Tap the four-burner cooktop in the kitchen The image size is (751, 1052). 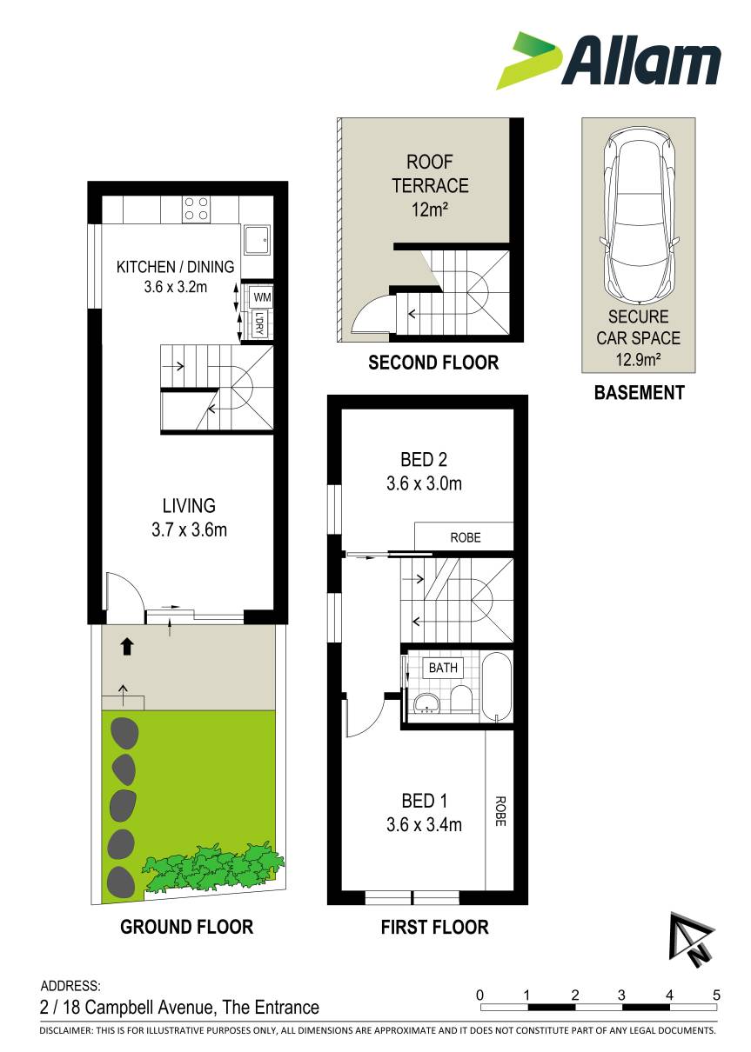pos(196,209)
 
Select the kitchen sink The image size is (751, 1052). pos(256,240)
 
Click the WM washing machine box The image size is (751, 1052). pos(261,296)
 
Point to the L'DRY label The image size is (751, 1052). pos(259,323)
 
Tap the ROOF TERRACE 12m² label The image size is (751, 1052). pos(429,185)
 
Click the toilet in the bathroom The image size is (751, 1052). pos(460,700)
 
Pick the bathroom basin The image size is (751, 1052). pos(426,702)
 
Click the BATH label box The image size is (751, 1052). pos(443,668)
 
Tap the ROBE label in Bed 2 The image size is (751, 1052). pos(465,537)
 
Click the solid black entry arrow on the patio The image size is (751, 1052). pos(126,647)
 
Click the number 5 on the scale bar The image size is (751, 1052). pos(715,995)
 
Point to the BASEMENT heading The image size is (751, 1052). pos(639,393)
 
